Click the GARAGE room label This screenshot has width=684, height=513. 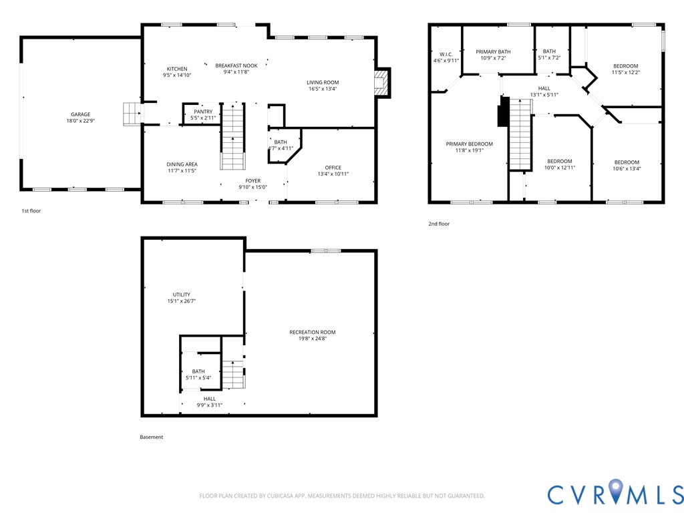click(x=81, y=114)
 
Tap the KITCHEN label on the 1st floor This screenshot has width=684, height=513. click(x=177, y=69)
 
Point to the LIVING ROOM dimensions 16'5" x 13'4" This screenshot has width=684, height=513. click(x=323, y=89)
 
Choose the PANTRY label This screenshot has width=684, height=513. click(x=203, y=112)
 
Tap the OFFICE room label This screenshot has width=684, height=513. click(x=333, y=168)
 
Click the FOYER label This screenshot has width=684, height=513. click(x=253, y=180)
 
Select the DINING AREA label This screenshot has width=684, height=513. click(x=182, y=164)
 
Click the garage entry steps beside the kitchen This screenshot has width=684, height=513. click(x=132, y=114)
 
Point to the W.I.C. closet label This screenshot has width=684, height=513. click(x=446, y=54)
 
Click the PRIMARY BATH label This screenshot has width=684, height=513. click(x=493, y=51)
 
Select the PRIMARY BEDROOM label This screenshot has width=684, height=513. click(x=470, y=144)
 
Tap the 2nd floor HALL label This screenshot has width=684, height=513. click(x=544, y=88)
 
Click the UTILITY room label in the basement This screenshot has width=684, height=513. click(x=182, y=295)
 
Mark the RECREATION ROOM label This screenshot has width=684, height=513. click(x=313, y=332)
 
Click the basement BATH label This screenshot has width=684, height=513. click(x=198, y=371)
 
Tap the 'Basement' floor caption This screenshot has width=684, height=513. click(x=151, y=438)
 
